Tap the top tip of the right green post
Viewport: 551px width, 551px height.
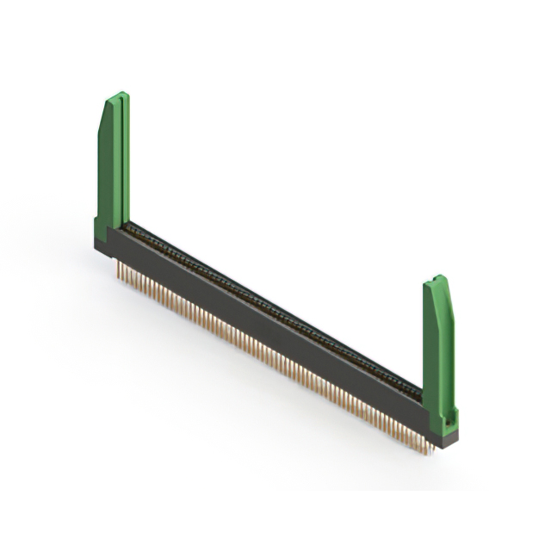[439, 278]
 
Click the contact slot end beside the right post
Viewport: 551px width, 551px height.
[417, 391]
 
